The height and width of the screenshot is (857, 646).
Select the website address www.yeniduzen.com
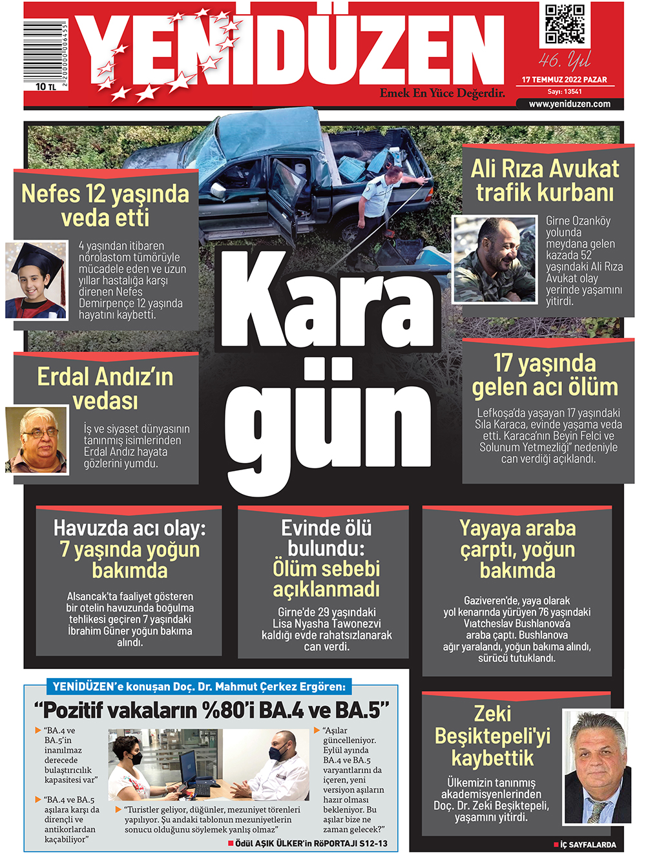tap(569, 104)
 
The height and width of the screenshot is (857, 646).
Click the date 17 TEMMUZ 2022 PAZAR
tap(564, 80)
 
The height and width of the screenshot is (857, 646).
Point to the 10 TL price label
tap(46, 87)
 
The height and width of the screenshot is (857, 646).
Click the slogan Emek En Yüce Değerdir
tap(442, 93)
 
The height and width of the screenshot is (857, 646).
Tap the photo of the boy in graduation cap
tap(36, 280)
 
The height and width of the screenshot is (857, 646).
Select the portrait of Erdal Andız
tap(37, 440)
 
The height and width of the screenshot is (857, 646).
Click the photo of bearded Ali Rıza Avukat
tap(494, 260)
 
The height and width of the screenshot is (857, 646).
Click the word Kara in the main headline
tap(329, 301)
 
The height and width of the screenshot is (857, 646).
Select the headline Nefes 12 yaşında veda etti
tap(105, 205)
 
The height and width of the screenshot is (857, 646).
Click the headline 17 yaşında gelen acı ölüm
tap(545, 375)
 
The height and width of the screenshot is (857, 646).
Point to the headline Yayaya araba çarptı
tap(517, 549)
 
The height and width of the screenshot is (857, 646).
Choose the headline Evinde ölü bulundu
tap(326, 538)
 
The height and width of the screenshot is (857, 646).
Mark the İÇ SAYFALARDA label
tap(587, 845)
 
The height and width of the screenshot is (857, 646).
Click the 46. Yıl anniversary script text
tap(565, 61)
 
